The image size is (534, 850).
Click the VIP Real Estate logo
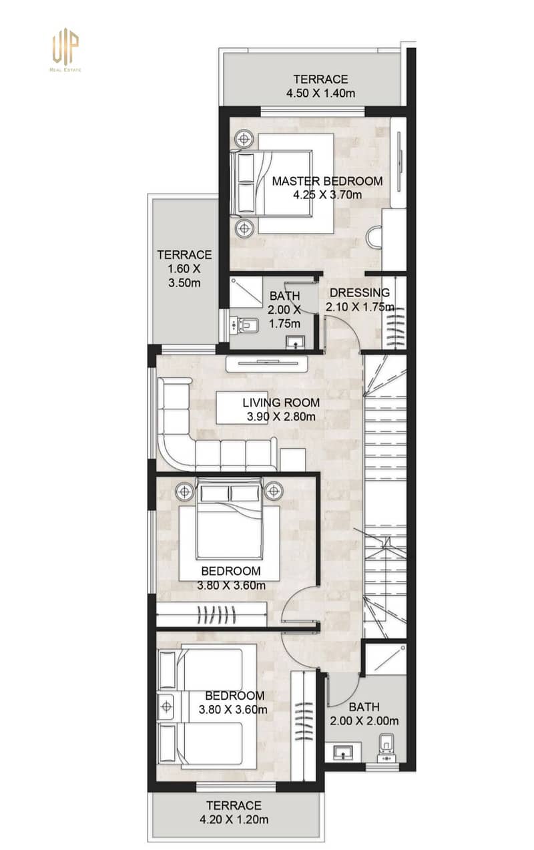65,49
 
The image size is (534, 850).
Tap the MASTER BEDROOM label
327,181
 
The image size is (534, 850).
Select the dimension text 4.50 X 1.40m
321,93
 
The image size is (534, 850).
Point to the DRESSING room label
360,292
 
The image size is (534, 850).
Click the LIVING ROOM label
281,403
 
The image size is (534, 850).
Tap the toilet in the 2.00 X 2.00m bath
386,747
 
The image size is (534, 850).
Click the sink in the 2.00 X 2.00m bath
344,751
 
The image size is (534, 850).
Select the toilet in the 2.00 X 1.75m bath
244,325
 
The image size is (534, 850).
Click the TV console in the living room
266,364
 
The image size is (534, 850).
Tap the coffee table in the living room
242,407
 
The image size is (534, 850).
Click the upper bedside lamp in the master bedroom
244,140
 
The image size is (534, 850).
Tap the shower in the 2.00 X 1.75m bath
246,292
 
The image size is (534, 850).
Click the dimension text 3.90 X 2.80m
281,416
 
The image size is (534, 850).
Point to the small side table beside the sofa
293,459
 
